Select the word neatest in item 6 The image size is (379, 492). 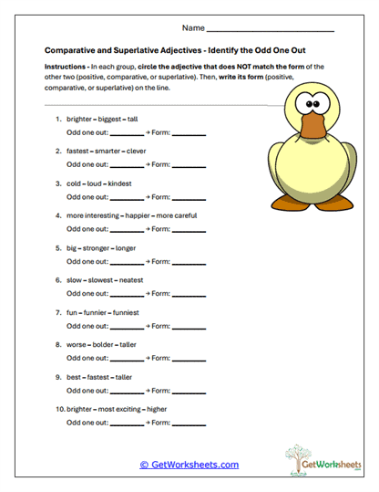point(128,280)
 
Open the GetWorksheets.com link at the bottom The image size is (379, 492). point(189,465)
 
